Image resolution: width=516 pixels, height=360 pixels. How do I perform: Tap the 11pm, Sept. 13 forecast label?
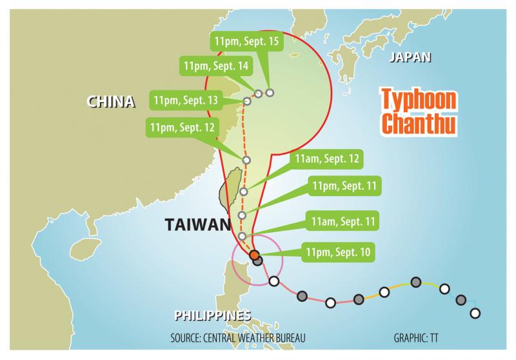(x=185, y=101)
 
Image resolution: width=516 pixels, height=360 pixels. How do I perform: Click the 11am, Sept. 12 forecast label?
(x=326, y=159)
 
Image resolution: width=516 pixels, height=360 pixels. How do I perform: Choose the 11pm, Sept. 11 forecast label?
(x=342, y=186)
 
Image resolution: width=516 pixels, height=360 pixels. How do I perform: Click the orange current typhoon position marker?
(x=253, y=255)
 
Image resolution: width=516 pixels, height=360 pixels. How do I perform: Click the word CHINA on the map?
(x=111, y=101)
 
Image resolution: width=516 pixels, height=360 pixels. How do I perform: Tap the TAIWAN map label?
(x=197, y=225)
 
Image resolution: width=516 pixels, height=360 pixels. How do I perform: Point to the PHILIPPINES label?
(x=212, y=315)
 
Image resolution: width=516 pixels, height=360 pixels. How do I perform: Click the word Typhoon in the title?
(x=417, y=101)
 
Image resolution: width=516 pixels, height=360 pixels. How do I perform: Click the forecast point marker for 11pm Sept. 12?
(x=246, y=160)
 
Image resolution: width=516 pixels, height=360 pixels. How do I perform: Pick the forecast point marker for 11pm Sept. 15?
(x=270, y=92)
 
